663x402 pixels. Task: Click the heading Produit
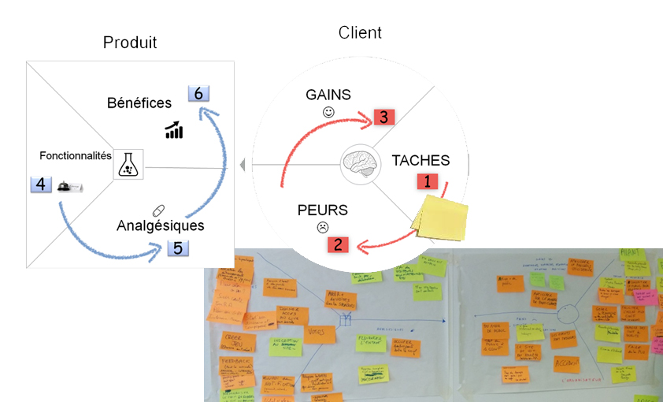click(130, 43)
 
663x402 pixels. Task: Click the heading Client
click(360, 32)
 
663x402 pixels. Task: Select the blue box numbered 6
click(198, 94)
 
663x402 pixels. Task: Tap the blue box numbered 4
click(41, 185)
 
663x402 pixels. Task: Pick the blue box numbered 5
click(177, 248)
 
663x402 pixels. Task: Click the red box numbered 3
click(383, 117)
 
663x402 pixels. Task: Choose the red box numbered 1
click(428, 181)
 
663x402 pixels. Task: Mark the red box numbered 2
click(338, 244)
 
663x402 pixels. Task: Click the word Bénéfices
click(139, 103)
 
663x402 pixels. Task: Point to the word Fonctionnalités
click(76, 156)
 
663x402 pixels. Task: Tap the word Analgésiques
click(161, 225)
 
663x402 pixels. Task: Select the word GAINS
click(328, 95)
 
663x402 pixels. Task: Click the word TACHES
click(420, 160)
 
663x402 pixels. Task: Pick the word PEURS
click(322, 210)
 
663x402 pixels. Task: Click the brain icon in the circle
click(361, 164)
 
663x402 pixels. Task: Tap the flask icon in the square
click(128, 165)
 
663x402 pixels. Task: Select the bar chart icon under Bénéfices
click(174, 130)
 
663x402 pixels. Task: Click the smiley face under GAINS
click(328, 113)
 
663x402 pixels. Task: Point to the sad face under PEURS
click(322, 228)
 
